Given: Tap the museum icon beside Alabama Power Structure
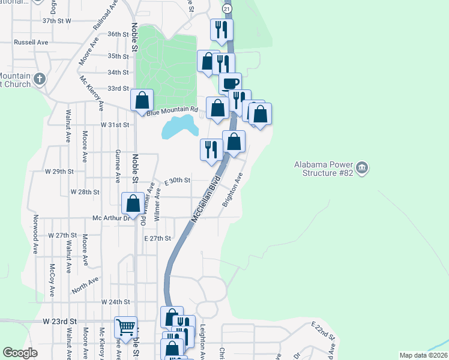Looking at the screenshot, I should click(361, 167).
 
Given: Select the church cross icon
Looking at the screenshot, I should click(40, 79).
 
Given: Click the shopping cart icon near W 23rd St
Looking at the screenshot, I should click(125, 328).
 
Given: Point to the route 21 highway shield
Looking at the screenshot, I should click(226, 10).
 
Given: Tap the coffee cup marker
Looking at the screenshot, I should click(230, 83).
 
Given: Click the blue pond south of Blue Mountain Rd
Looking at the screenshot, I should click(179, 127).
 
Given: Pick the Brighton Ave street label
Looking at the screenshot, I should click(232, 190).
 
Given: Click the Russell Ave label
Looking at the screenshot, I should click(31, 43).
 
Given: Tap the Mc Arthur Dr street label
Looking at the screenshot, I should click(110, 218).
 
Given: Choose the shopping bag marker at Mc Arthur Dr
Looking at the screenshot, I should click(133, 203).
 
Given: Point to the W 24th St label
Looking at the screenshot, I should click(116, 301).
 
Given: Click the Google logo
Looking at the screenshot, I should click(20, 353).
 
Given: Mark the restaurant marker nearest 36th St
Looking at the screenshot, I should click(221, 29).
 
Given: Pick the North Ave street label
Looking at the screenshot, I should click(85, 284).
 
